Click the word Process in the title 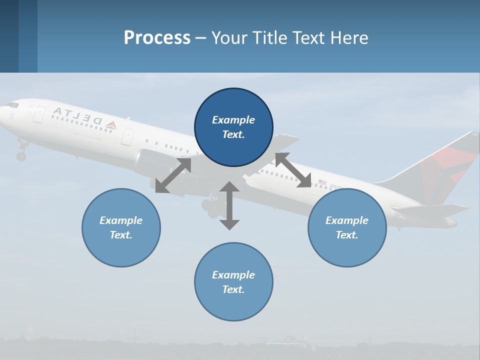click(157, 38)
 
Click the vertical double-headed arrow click(229, 205)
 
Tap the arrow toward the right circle click(293, 170)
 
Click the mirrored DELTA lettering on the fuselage click(77, 115)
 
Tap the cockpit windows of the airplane click(12, 105)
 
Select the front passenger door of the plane click(39, 114)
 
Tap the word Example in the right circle click(346, 220)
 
